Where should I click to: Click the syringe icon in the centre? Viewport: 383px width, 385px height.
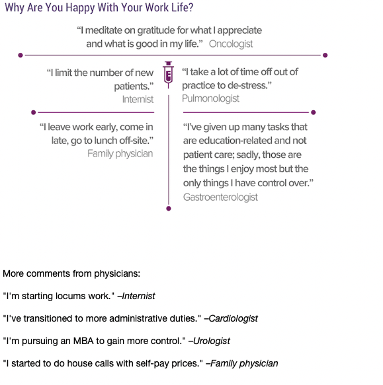(x=168, y=75)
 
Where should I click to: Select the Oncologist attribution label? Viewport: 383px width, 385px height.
(x=231, y=44)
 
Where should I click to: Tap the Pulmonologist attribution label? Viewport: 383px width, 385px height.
(x=210, y=98)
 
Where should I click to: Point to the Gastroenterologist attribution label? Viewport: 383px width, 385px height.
(x=220, y=197)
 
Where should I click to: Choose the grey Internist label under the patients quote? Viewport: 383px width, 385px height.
(x=138, y=100)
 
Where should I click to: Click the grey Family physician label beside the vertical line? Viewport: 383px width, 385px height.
(x=120, y=154)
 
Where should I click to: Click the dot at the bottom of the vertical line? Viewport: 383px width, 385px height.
(x=169, y=209)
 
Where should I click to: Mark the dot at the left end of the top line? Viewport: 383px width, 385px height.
(x=21, y=55)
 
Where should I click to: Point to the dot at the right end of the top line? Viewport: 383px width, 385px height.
(x=325, y=55)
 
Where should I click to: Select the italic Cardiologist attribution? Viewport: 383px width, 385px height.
(x=231, y=319)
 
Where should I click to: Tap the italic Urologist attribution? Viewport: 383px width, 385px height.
(x=209, y=341)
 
